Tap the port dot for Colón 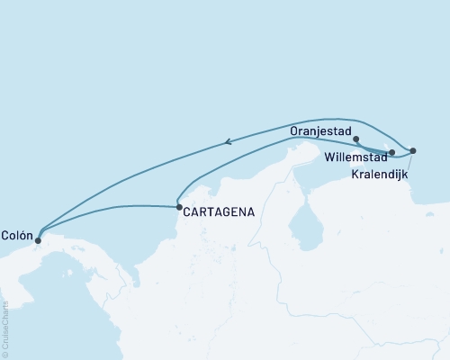pyautogui.click(x=37, y=240)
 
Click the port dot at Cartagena pyautogui.click(x=177, y=208)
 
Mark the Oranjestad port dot pyautogui.click(x=357, y=139)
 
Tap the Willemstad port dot pyautogui.click(x=391, y=152)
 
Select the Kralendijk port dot pyautogui.click(x=412, y=150)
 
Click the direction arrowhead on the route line pyautogui.click(x=228, y=140)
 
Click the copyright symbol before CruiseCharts pyautogui.click(x=4, y=355)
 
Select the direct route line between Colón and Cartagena pyautogui.click(x=108, y=210)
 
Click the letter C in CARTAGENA pyautogui.click(x=186, y=212)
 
